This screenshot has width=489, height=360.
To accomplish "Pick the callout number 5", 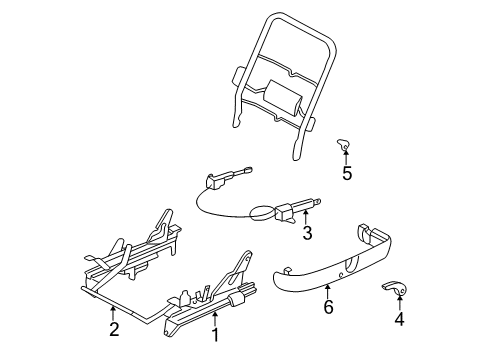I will [x=347, y=173].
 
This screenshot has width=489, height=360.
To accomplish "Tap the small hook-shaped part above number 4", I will [x=393, y=290].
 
